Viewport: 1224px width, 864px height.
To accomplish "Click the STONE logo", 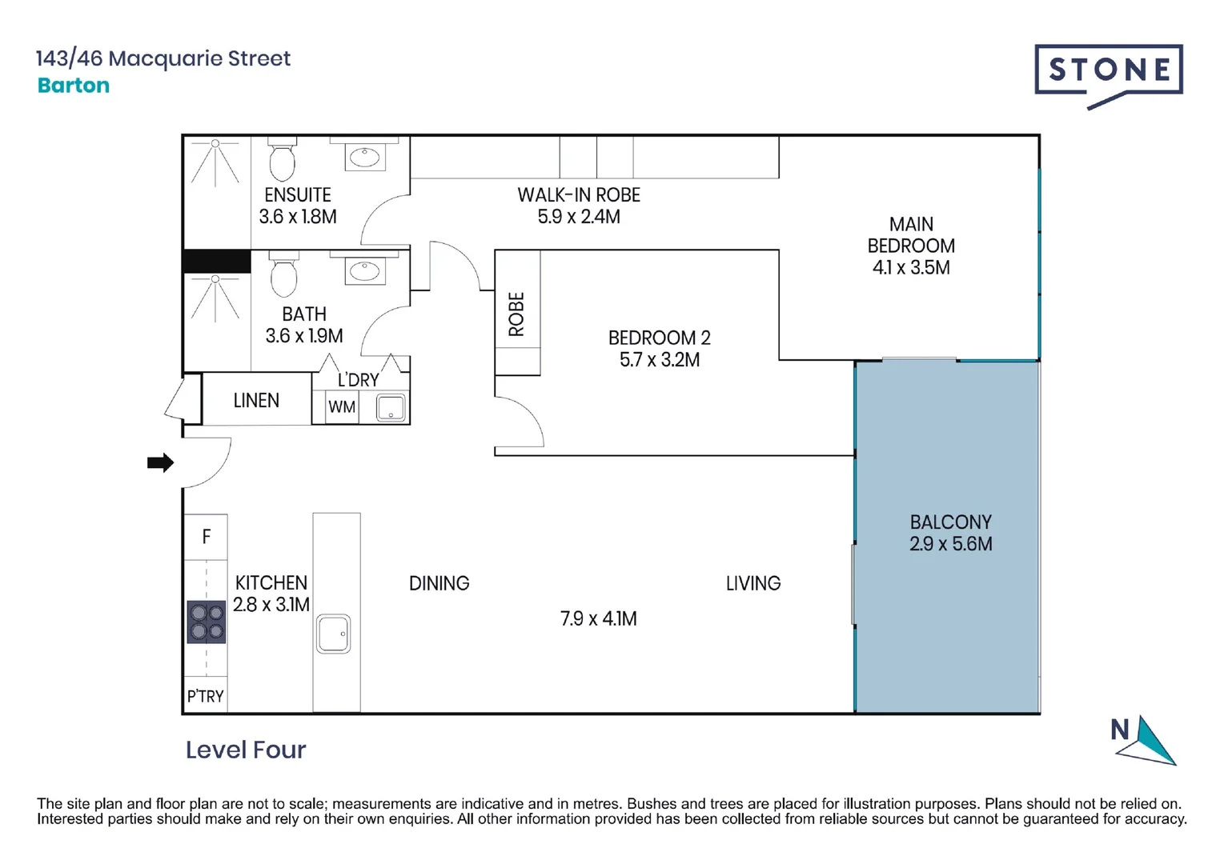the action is pos(1108,76).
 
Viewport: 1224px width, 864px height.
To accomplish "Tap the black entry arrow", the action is pos(161,462).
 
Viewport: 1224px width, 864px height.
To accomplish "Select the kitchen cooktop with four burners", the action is pos(207,622).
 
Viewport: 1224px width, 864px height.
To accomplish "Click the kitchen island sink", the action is pos(333,634).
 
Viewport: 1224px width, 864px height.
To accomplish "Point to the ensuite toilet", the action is pos(283,158).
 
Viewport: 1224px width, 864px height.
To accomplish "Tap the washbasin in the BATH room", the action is pos(365,270).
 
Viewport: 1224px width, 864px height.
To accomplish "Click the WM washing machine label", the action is pos(342,407).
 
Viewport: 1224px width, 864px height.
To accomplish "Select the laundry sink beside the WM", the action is pos(391,408).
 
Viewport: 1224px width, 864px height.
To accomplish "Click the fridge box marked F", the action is pos(206,537).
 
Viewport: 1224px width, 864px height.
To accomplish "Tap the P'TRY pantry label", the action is pos(206,696).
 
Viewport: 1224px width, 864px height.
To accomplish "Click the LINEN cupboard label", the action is pos(256,400).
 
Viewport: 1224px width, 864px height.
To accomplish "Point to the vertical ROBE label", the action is pos(516,314).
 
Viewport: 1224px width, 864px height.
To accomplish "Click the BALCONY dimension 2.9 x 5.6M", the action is pos(951,544).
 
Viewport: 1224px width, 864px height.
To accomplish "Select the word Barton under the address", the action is pos(74,85).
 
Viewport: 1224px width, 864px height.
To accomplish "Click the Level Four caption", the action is pos(246,750).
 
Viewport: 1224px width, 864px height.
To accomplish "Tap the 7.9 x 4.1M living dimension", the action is pos(598,618).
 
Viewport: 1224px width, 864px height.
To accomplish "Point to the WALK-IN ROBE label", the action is pos(579,195).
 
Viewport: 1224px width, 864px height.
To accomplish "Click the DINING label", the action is pos(439,583).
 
